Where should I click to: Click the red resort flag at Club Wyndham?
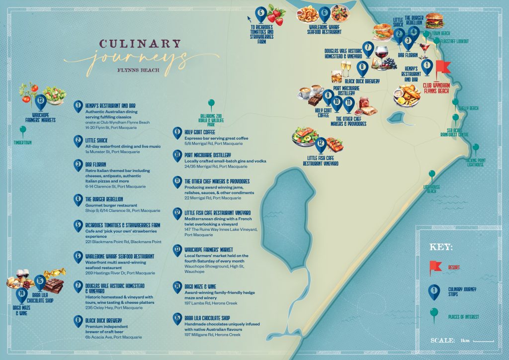click(x=442, y=68)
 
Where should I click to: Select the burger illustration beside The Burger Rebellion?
click(x=434, y=21)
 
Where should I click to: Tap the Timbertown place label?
click(x=22, y=142)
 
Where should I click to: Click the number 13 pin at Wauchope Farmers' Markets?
click(x=40, y=101)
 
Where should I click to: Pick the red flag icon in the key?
click(x=435, y=267)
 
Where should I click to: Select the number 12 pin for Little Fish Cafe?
click(x=321, y=144)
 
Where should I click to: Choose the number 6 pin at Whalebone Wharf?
click(x=325, y=12)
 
